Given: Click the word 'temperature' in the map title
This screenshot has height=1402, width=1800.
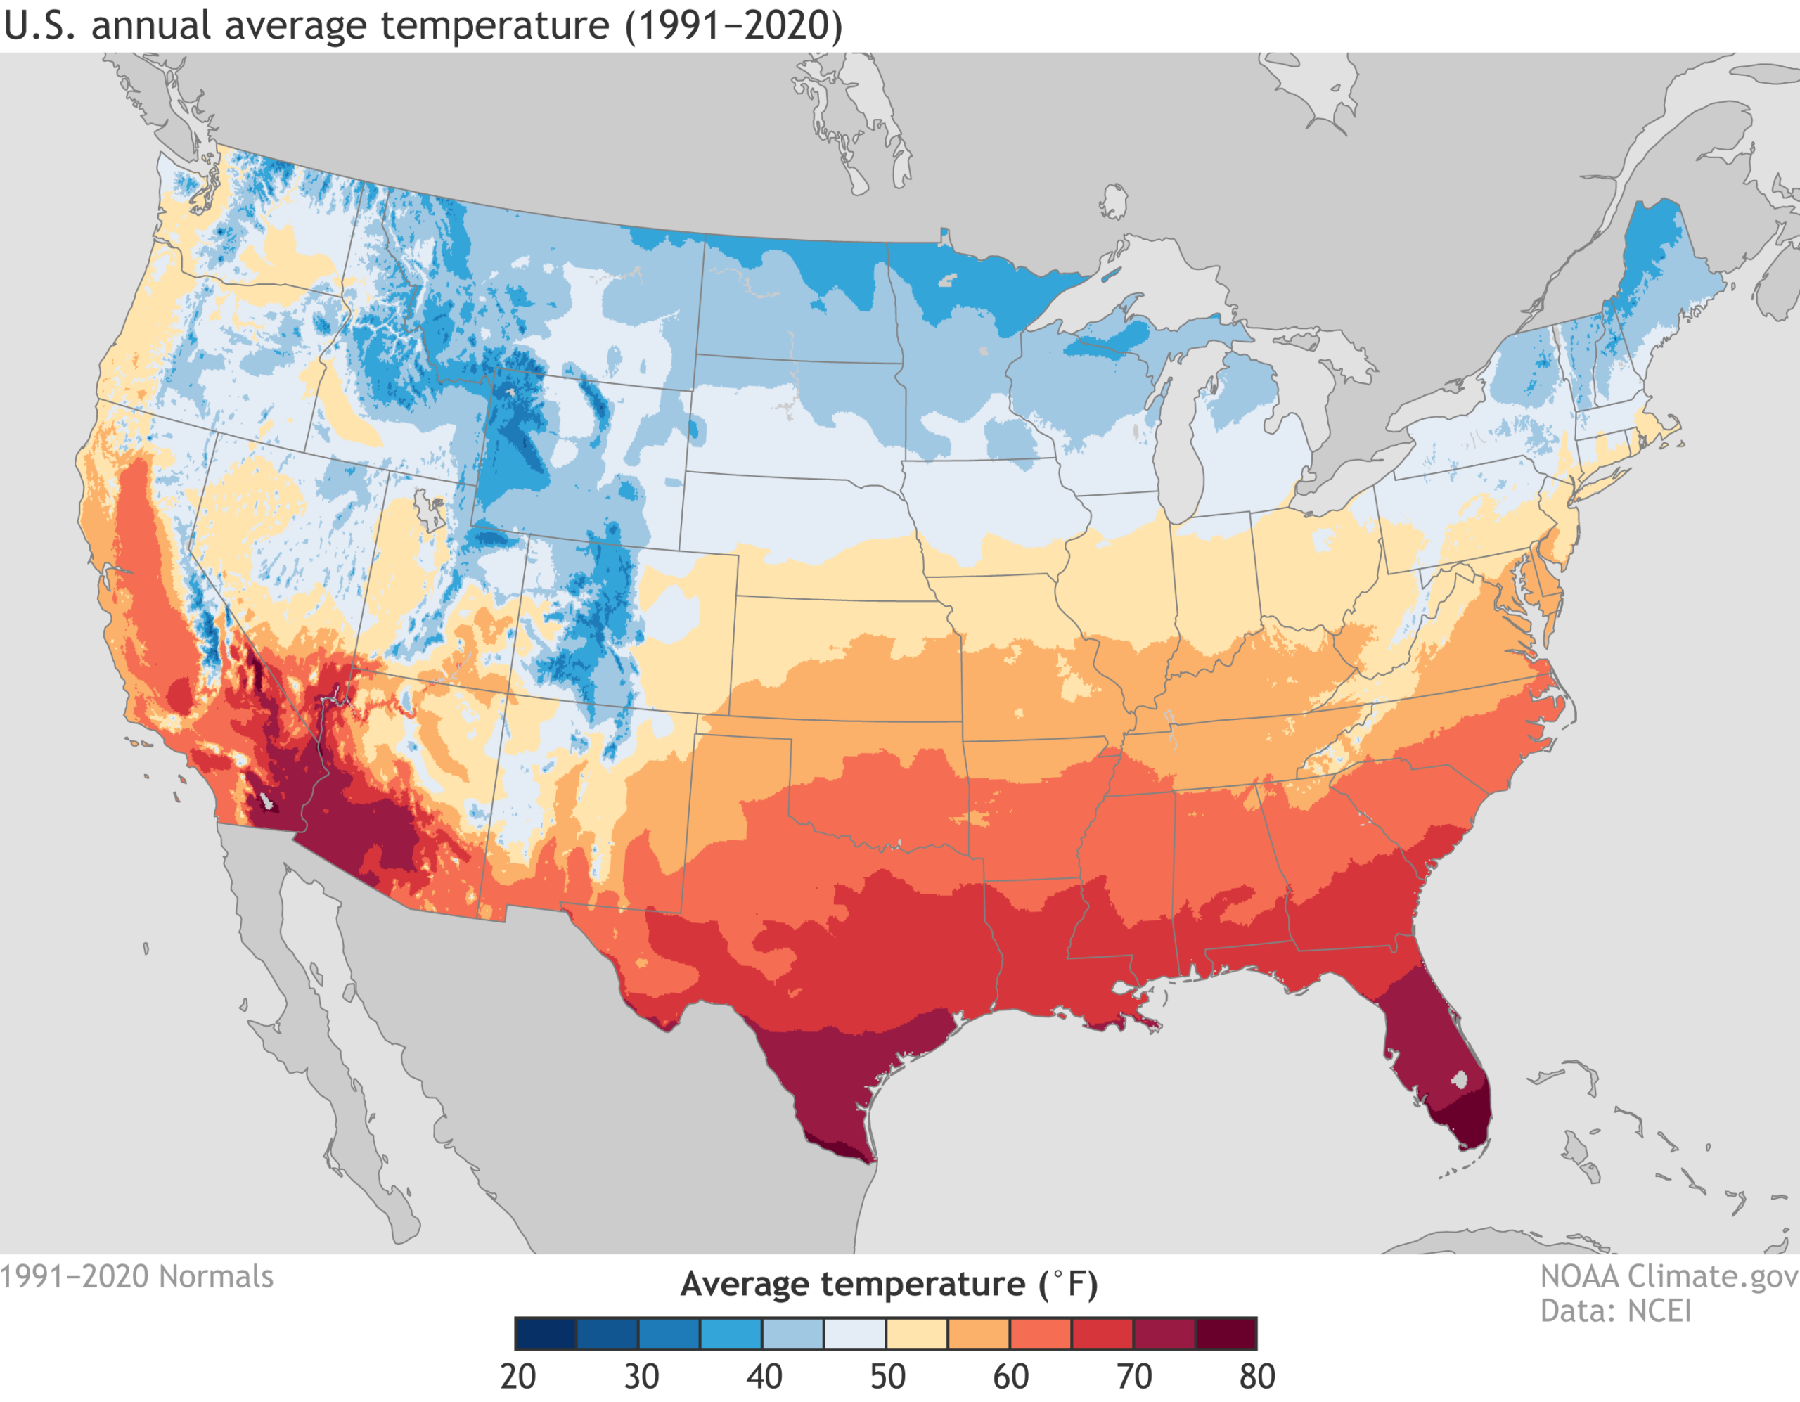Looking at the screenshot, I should click(494, 25).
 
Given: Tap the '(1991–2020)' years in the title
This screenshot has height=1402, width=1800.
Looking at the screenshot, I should click(733, 25).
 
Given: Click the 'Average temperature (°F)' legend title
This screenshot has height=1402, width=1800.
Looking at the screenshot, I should click(889, 1284).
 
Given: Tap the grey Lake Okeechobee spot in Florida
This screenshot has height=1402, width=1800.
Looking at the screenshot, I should click(1460, 1079).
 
